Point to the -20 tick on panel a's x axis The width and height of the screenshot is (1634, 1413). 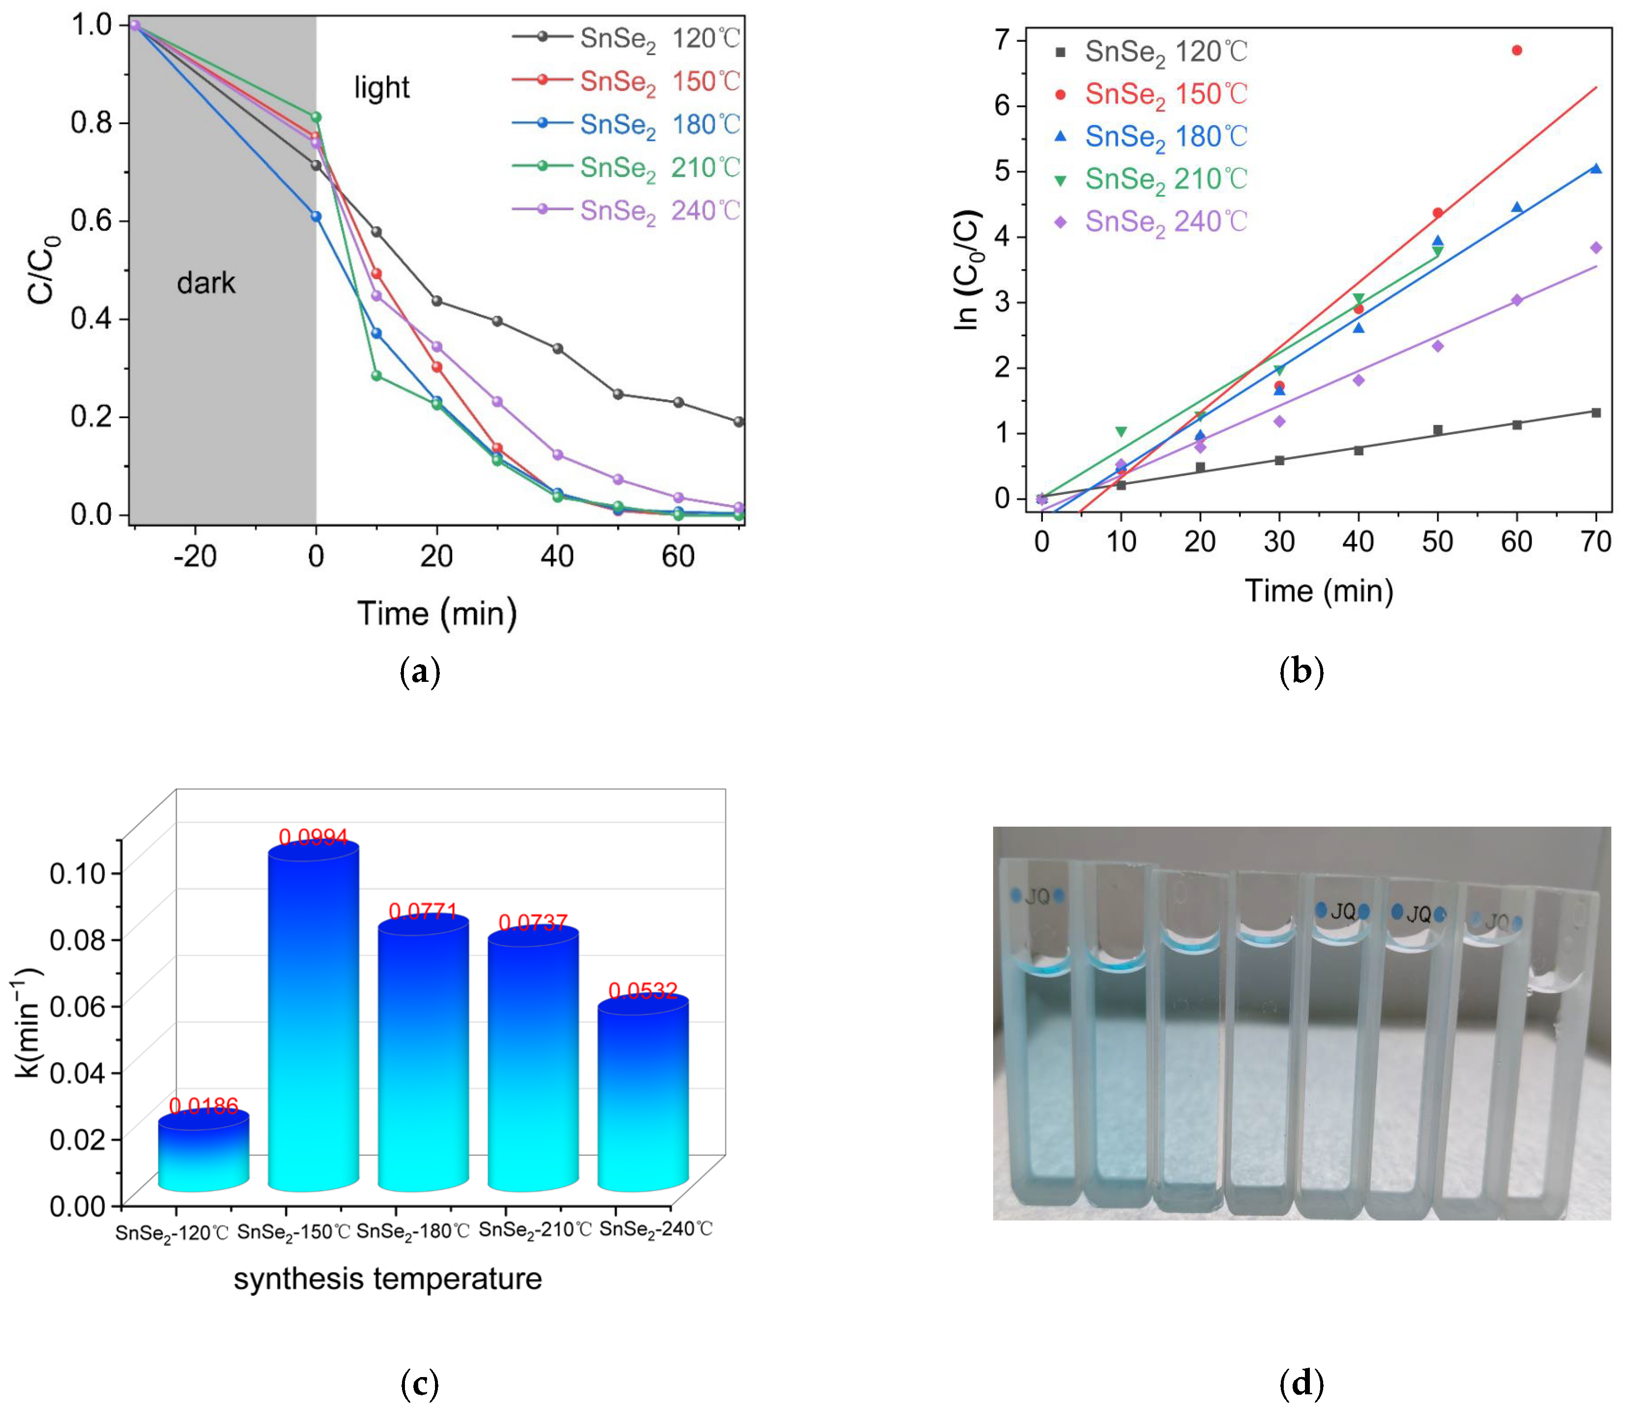[195, 556]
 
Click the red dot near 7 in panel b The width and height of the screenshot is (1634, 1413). [1516, 50]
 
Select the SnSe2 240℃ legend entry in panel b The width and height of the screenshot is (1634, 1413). [1152, 222]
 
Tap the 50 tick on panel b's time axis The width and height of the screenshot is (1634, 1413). [1437, 541]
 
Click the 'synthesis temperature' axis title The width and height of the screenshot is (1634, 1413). [387, 1278]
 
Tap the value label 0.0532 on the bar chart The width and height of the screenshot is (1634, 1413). [642, 991]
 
